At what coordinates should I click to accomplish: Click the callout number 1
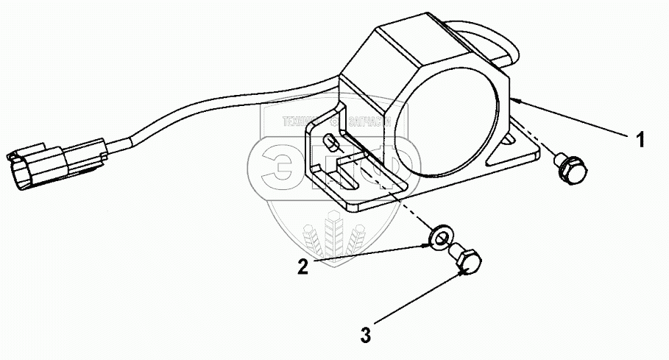click(x=640, y=138)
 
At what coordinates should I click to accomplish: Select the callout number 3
click(x=366, y=336)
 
